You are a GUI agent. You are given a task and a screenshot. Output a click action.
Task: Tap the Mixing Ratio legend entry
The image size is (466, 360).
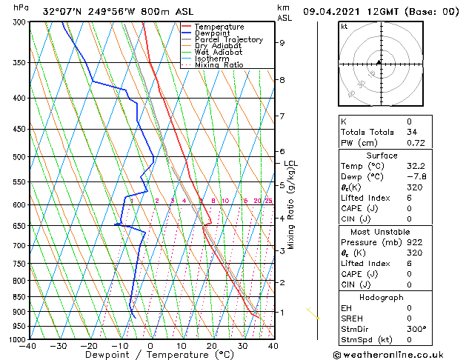point(221,65)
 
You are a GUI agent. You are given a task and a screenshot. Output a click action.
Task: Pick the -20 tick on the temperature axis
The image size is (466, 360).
point(89,346)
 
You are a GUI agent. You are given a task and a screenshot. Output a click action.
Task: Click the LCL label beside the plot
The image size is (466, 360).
point(290,164)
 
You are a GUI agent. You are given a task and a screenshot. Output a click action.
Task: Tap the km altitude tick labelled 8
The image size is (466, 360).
point(282,79)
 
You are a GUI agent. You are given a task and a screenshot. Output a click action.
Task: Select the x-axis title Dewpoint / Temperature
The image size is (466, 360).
point(150,355)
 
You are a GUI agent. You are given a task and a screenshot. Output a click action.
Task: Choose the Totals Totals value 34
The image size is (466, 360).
point(412,132)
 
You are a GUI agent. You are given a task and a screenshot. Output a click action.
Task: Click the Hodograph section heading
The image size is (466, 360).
point(382,297)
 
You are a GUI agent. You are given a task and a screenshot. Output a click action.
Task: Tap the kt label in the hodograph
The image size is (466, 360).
point(344,26)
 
